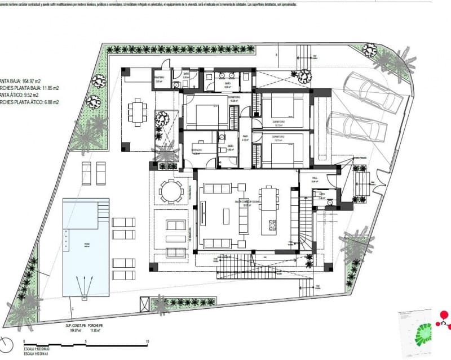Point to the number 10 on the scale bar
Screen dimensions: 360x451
click(147, 341)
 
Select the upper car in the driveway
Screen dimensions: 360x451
click(380, 95)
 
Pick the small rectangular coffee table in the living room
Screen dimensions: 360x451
click(227, 216)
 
